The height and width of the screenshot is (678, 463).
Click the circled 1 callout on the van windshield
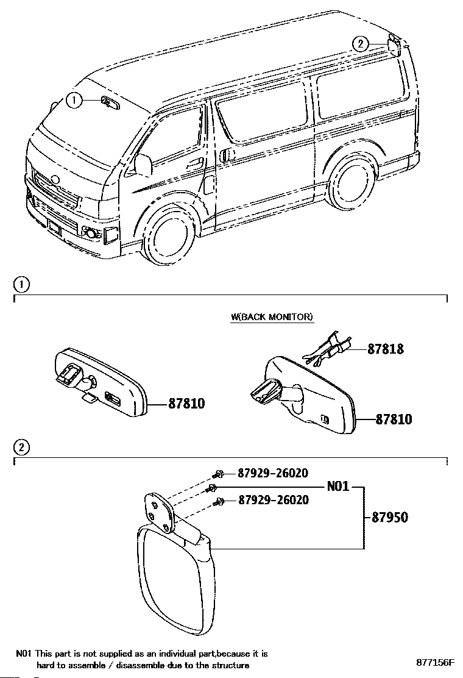pyautogui.click(x=74, y=101)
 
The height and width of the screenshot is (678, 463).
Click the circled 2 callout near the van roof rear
pyautogui.click(x=361, y=43)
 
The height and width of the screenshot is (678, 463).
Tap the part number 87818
pyautogui.click(x=386, y=349)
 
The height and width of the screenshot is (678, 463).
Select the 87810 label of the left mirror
pyautogui.click(x=186, y=404)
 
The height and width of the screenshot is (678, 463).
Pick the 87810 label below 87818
pyautogui.click(x=394, y=419)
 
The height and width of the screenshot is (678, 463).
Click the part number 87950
pyautogui.click(x=390, y=517)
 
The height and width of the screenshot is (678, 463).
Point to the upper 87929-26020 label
pyautogui.click(x=274, y=473)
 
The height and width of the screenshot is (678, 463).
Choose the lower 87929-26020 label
pyautogui.click(x=274, y=500)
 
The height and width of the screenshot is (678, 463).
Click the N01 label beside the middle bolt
pyautogui.click(x=338, y=487)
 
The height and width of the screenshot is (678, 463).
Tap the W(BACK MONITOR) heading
pyautogui.click(x=272, y=317)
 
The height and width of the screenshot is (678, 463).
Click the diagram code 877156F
pyautogui.click(x=436, y=662)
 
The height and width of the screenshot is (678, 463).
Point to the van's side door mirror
pyautogui.click(x=143, y=165)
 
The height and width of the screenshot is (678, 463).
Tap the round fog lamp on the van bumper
pyautogui.click(x=91, y=234)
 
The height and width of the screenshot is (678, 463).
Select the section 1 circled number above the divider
pyautogui.click(x=21, y=285)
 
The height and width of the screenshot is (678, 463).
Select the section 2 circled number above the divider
pyautogui.click(x=21, y=447)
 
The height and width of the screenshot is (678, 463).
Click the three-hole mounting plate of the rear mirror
pyautogui.click(x=158, y=512)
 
